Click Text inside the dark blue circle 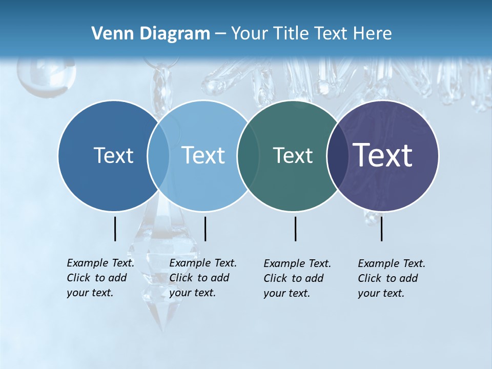113,155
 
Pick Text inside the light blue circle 203,155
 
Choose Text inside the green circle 293,155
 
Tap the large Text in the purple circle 383,155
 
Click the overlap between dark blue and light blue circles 158,155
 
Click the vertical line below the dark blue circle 115,229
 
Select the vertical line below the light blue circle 205,229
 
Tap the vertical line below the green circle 296,229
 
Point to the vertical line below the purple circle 382,229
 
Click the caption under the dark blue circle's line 100,278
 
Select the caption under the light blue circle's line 202,278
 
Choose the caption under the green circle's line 297,278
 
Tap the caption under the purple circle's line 391,278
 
